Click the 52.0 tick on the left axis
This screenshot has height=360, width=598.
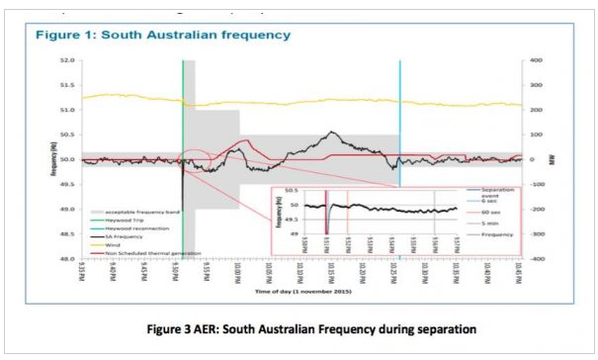(x=68, y=60)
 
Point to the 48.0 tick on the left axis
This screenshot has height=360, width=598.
(x=68, y=258)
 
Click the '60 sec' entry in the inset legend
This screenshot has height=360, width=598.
(x=484, y=212)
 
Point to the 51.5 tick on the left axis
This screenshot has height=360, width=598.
(x=68, y=85)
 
